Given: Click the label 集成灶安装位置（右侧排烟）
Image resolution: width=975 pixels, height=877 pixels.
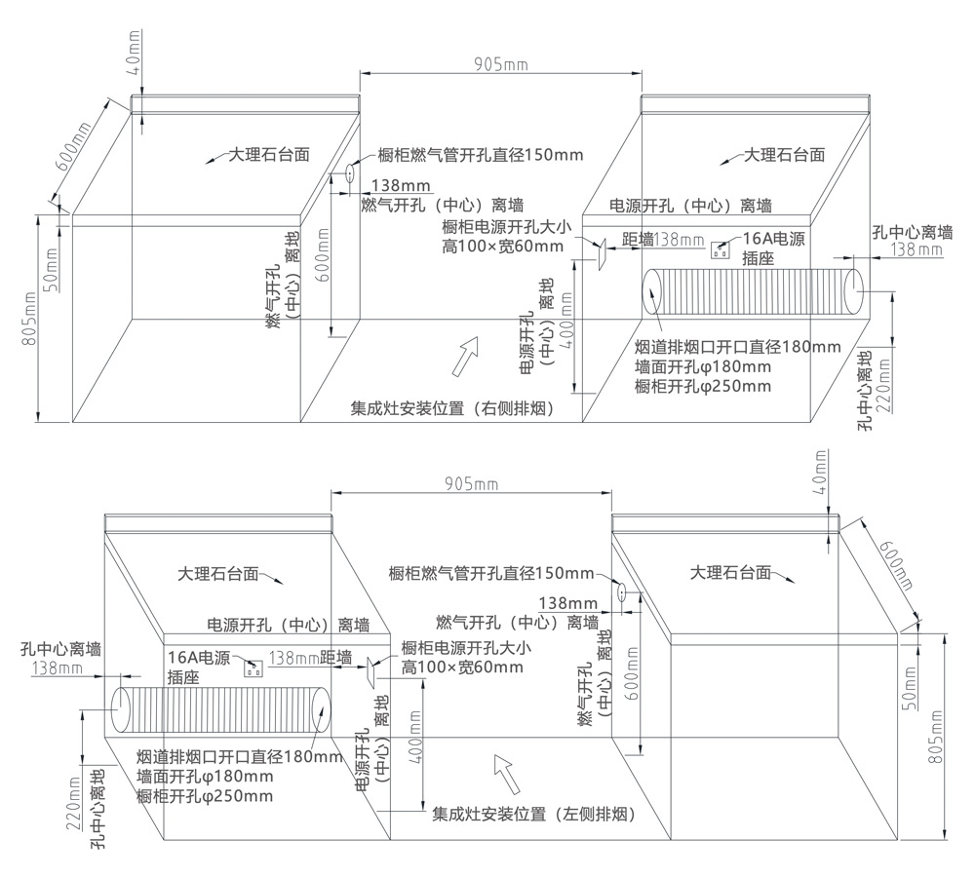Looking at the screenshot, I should pos(452,409).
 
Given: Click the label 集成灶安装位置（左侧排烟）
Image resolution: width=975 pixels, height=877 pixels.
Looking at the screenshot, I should pos(533,814).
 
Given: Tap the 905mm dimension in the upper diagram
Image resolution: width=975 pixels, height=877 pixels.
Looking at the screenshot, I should pos(500,64).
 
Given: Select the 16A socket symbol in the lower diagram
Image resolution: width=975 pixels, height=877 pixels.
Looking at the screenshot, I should pos(253,667).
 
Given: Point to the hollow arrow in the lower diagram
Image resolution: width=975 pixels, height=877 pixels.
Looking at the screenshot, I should pos(506,773).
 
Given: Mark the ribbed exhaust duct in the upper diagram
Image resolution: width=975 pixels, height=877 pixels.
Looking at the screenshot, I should pos(752,291).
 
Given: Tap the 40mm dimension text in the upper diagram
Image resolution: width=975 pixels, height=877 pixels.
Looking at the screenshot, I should pos(134,58).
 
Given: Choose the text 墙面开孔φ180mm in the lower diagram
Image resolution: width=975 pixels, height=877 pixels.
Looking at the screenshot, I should pos(205,777).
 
